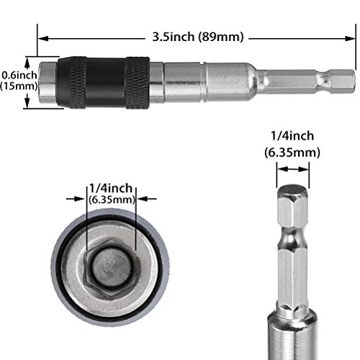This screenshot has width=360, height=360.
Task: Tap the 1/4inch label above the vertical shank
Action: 291,135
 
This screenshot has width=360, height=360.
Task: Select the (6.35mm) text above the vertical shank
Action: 291,152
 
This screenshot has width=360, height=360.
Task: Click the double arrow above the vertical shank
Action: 291,170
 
